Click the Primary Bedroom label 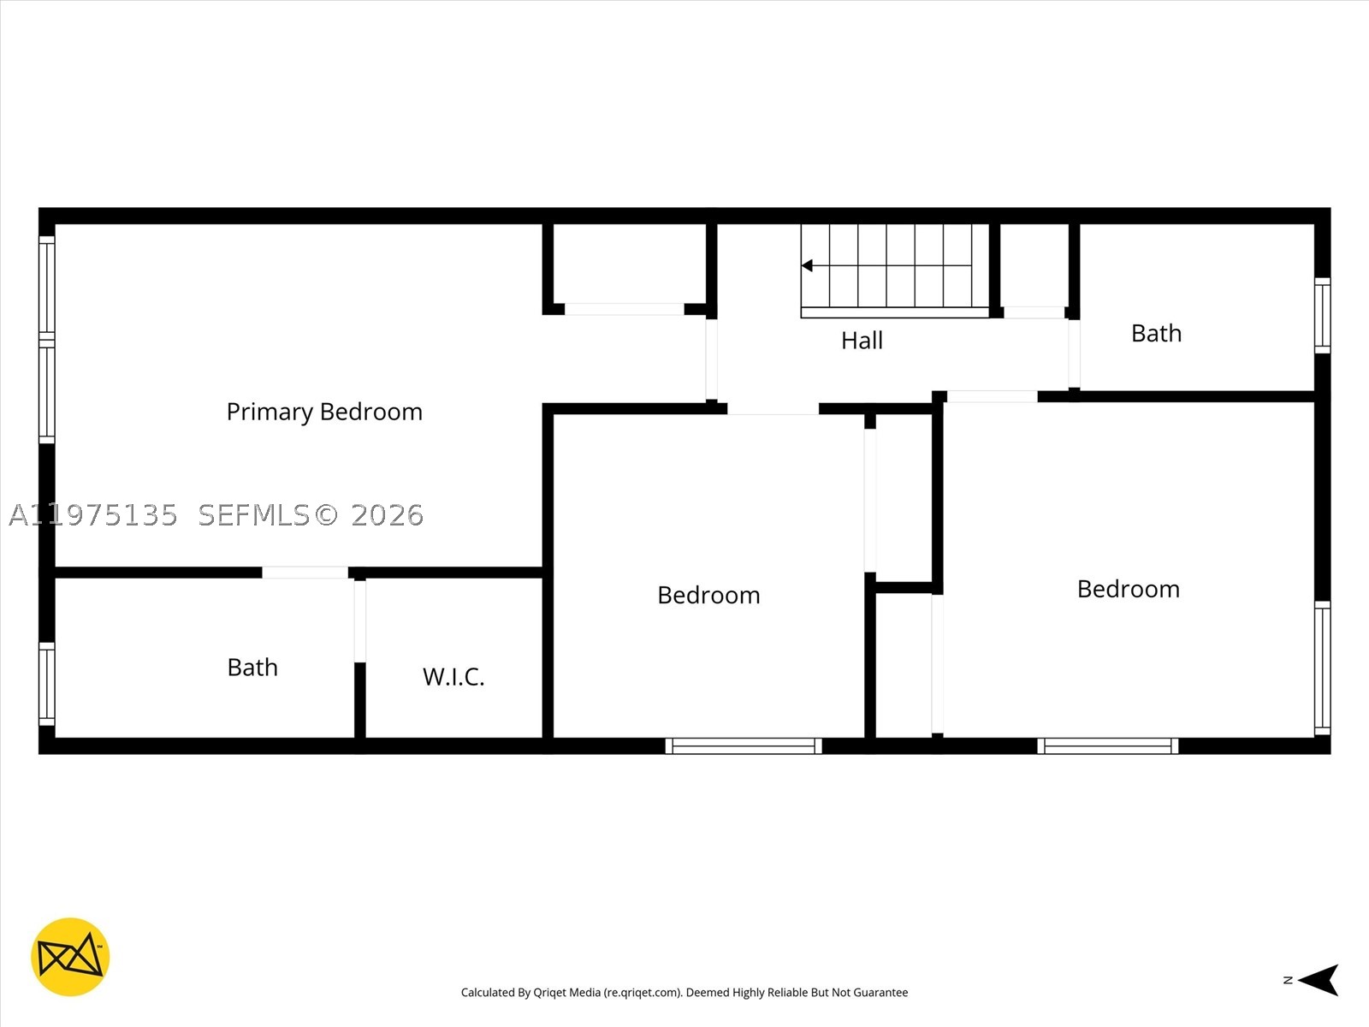click(324, 413)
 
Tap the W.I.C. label click(453, 677)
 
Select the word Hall click(862, 341)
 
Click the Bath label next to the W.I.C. click(252, 668)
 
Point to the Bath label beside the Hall click(1156, 334)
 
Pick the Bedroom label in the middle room click(708, 595)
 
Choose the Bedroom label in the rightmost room click(1129, 590)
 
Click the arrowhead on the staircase click(807, 265)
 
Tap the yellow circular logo click(70, 957)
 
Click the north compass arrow click(1318, 980)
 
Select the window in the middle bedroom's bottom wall click(744, 745)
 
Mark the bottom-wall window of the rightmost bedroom click(1108, 745)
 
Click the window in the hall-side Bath click(1322, 316)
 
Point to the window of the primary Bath click(47, 684)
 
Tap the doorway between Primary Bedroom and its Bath click(305, 573)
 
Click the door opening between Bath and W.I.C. click(360, 621)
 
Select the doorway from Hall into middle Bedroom click(773, 409)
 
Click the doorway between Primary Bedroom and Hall click(711, 359)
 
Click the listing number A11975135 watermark click(93, 515)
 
